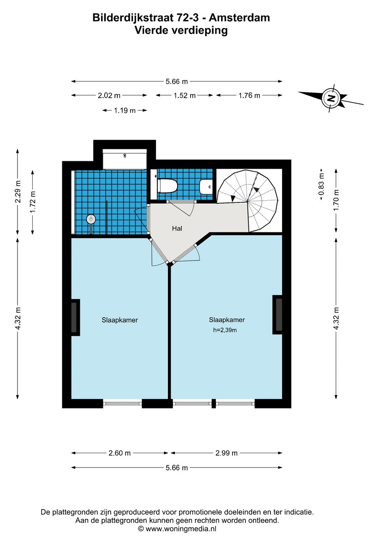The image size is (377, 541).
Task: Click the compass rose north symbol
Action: pos(331,97)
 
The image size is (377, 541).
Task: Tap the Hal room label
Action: pos(177,228)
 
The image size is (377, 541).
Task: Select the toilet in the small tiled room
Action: pos(167,186)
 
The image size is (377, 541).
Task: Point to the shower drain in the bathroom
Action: pos(91,219)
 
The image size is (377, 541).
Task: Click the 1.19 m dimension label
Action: pos(125,110)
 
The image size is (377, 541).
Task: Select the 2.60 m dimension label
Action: pos(120,453)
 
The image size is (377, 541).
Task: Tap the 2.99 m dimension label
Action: pos(227,453)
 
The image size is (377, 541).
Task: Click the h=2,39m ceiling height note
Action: pos(225,330)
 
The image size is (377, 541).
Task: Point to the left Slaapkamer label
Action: pos(120,320)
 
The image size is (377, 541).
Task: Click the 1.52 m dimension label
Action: pos(185,96)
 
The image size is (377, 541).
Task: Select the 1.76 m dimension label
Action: pos(249,96)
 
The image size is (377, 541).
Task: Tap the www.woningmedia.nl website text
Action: pos(181,529)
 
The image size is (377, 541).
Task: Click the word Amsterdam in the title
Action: pos(239,18)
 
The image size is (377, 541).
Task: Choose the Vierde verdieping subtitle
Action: pos(181,30)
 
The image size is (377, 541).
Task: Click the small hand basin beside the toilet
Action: pos(206,187)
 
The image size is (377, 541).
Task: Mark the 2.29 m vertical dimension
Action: pos(18,192)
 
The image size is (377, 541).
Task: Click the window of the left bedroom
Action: pos(123,403)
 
